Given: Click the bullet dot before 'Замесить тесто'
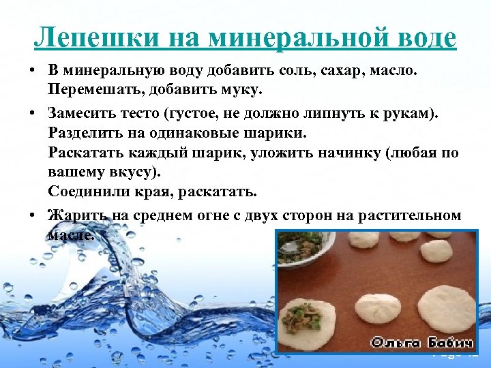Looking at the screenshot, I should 33,111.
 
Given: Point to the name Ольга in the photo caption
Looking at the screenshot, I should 396,342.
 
